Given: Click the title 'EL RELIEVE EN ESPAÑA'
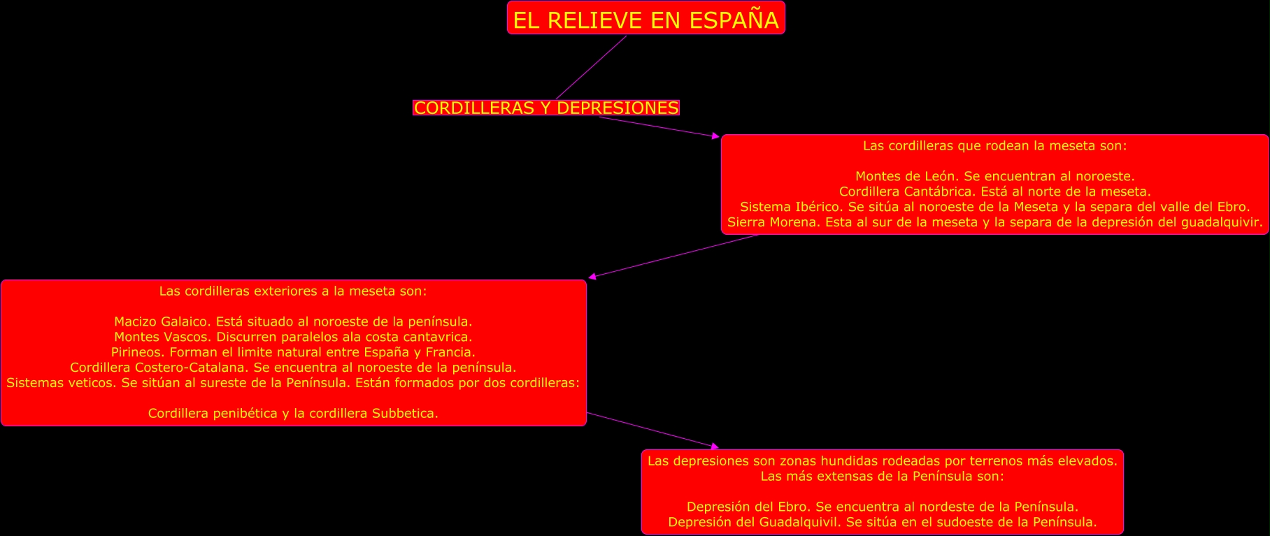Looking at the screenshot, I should point(645,20).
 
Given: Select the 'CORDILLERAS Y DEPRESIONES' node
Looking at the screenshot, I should point(545,108).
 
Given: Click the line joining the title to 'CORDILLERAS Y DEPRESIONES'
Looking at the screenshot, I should point(591,68).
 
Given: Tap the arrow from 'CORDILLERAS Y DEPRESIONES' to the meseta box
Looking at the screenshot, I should point(657,126).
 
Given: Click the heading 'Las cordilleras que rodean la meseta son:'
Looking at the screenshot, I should point(994,146).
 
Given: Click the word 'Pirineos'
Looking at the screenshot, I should point(137,352).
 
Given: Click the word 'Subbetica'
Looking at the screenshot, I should point(403,413).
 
